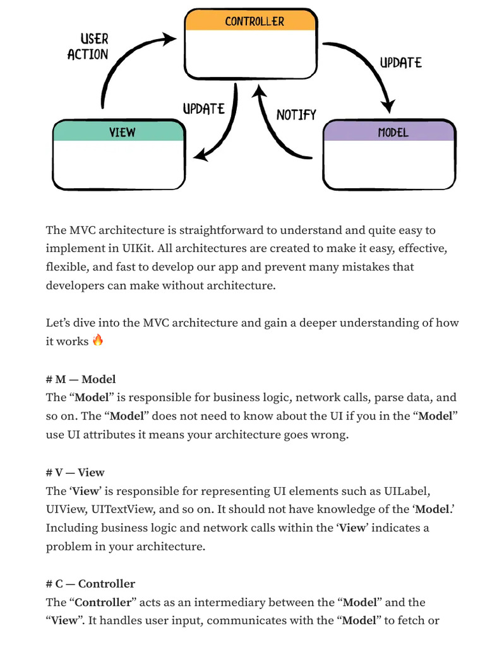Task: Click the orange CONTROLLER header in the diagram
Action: pyautogui.click(x=250, y=21)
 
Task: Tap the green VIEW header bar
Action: pyautogui.click(x=119, y=131)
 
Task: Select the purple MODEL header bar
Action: pyautogui.click(x=389, y=131)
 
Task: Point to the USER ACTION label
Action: pyautogui.click(x=88, y=47)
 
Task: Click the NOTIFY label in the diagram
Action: pyautogui.click(x=296, y=115)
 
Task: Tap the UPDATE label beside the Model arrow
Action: pyautogui.click(x=400, y=63)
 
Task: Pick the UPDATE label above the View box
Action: pyautogui.click(x=203, y=109)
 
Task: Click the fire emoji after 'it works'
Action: pyautogui.click(x=97, y=340)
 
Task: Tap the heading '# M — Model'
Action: pyautogui.click(x=81, y=380)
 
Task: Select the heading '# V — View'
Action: pyautogui.click(x=75, y=473)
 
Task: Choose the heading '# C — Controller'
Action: pyautogui.click(x=90, y=584)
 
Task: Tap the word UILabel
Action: pyautogui.click(x=406, y=491)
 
